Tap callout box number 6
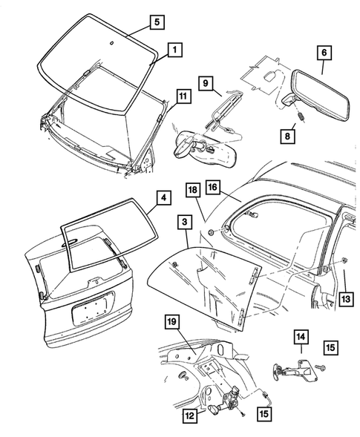pos(324,53)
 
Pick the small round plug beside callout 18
pos(212,234)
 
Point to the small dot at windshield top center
pos(110,45)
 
